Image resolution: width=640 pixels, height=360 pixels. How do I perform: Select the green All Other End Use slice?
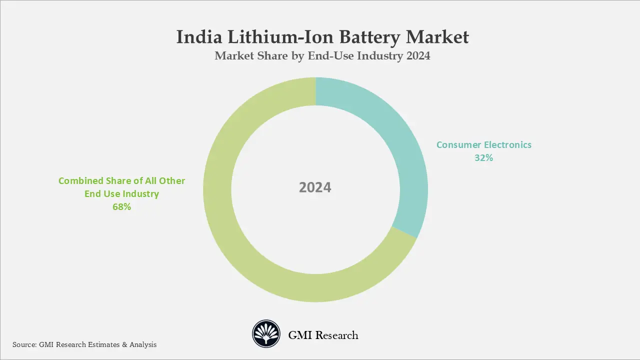pyautogui.click(x=240, y=240)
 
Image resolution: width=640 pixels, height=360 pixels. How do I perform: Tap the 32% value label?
pyautogui.click(x=483, y=158)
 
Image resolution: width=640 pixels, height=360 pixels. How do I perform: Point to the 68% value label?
pyautogui.click(x=121, y=207)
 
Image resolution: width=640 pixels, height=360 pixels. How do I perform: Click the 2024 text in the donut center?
pyautogui.click(x=315, y=187)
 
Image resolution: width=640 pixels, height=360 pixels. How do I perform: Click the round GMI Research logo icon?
pyautogui.click(x=265, y=334)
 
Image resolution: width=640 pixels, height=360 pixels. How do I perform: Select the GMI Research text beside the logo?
pyautogui.click(x=323, y=335)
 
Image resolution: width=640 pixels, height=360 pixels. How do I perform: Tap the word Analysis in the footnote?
pyautogui.click(x=143, y=344)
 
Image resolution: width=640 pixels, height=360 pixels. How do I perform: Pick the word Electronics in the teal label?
pyautogui.click(x=507, y=145)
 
